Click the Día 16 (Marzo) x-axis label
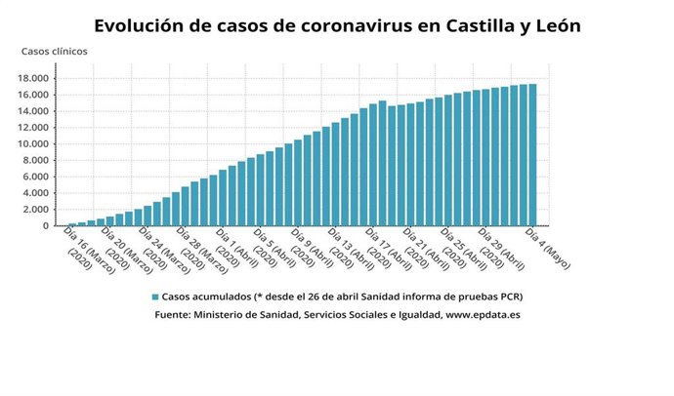tap(83, 248)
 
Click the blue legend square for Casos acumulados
tap(155, 296)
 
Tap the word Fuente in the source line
tap(173, 315)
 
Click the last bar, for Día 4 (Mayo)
tap(532, 155)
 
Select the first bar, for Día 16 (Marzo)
tap(72, 224)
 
